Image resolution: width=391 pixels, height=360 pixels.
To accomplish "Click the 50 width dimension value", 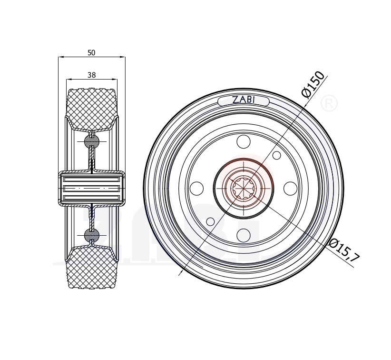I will point(91,53).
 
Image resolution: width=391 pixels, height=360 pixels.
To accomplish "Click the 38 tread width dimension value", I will point(91,75).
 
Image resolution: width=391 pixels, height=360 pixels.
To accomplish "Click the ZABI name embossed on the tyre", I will point(244,100).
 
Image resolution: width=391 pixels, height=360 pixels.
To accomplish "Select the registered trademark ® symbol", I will point(329,103).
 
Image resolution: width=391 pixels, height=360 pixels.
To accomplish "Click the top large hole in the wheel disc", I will point(243,142).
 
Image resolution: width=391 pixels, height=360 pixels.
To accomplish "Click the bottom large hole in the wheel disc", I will point(243,234).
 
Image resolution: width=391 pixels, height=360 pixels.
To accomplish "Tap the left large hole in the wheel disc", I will point(196,189).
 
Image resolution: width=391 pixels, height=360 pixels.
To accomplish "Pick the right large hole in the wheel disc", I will point(290,189).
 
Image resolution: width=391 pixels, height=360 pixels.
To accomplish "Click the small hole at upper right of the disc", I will point(276,155).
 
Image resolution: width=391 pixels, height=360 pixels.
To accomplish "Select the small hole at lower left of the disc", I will point(210,221).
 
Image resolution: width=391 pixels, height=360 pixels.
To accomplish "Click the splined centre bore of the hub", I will point(243,189).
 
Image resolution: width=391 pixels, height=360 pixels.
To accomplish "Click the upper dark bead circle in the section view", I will point(91,141).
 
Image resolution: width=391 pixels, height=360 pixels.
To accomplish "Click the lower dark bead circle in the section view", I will point(91,235).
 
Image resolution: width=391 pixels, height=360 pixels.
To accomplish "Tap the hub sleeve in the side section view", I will point(91,189).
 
